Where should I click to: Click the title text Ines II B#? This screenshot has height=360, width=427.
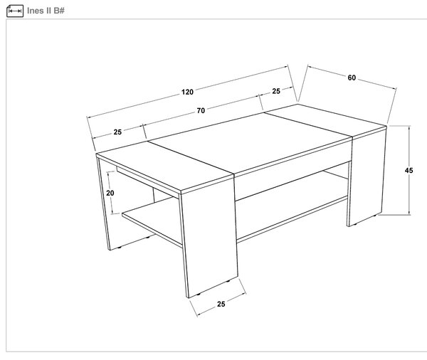coord(46,11)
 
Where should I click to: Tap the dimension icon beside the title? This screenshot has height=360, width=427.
coord(15,11)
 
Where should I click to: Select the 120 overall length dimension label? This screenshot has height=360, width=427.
coord(187,92)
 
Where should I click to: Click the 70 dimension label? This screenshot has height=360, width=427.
coord(201,111)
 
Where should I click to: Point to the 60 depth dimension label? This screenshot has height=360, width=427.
coord(352,78)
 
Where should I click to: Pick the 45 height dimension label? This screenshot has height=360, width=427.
coord(408,171)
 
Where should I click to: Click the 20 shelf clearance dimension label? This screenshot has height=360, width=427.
coord(110,193)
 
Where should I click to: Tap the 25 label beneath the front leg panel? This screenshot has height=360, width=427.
coord(221,304)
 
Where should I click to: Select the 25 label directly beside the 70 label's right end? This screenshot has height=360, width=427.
coord(276,91)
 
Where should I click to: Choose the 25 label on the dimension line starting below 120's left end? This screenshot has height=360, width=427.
coord(117,132)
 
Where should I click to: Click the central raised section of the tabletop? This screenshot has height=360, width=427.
coord(249,142)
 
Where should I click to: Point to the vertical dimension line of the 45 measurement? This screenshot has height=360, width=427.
coord(408,170)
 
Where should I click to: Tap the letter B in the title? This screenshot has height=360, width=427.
coord(57,11)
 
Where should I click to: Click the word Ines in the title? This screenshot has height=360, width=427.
coord(36,11)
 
